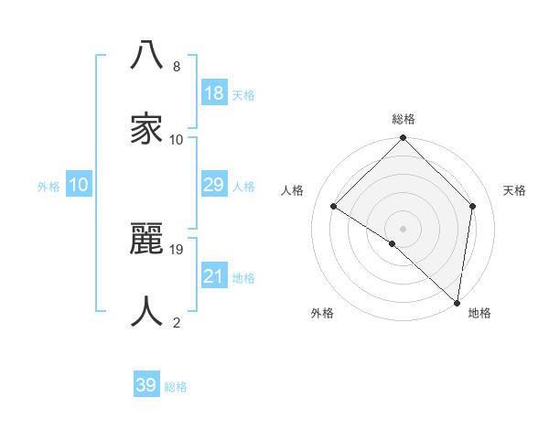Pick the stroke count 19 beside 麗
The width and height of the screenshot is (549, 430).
[178, 249]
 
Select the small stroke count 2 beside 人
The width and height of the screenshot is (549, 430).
[176, 322]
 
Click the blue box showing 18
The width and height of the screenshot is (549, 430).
[214, 93]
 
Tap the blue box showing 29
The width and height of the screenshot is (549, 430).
[214, 186]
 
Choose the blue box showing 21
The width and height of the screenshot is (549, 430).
[214, 276]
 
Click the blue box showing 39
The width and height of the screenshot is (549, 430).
[145, 385]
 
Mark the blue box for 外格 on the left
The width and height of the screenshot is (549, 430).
[79, 186]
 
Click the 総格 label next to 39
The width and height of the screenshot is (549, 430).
[176, 387]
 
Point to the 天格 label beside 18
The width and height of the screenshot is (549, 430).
[242, 95]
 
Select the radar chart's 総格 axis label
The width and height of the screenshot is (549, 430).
[404, 119]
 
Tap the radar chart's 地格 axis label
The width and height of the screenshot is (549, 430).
[479, 313]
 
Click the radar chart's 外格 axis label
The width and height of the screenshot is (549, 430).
[322, 313]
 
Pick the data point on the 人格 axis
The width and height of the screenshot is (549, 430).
[334, 207]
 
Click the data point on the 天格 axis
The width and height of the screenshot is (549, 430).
[473, 206]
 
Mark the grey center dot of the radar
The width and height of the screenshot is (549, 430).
[404, 228]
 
